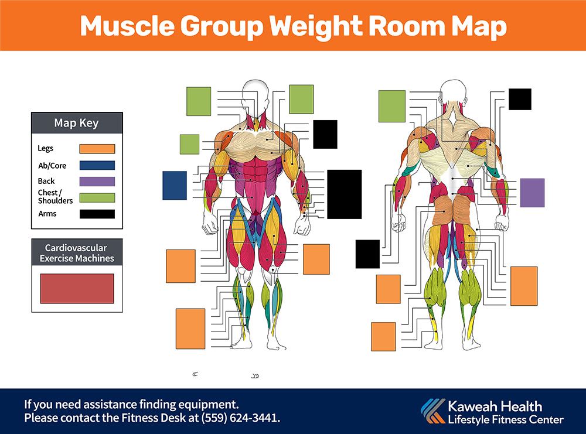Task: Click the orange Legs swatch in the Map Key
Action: pyautogui.click(x=97, y=149)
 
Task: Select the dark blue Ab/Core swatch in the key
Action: pyautogui.click(x=97, y=165)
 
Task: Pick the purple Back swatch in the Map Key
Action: pyautogui.click(x=97, y=182)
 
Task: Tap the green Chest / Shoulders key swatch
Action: pyautogui.click(x=97, y=197)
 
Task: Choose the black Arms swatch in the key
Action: pyautogui.click(x=97, y=214)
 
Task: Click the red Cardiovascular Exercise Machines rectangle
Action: pyautogui.click(x=77, y=288)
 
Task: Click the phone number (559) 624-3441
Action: pyautogui.click(x=240, y=418)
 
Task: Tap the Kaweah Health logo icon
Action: pyautogui.click(x=433, y=411)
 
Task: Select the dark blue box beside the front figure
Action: pyautogui.click(x=175, y=185)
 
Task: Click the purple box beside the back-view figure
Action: pyautogui.click(x=532, y=193)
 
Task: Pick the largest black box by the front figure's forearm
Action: pyautogui.click(x=344, y=194)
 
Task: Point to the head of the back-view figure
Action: pyautogui.click(x=453, y=91)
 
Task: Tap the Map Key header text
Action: pyautogui.click(x=76, y=123)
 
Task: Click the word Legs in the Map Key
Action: pyautogui.click(x=46, y=148)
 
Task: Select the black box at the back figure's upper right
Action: pyautogui.click(x=520, y=100)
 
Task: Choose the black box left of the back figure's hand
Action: pyautogui.click(x=367, y=254)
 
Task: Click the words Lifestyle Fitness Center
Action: pyautogui.click(x=506, y=420)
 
